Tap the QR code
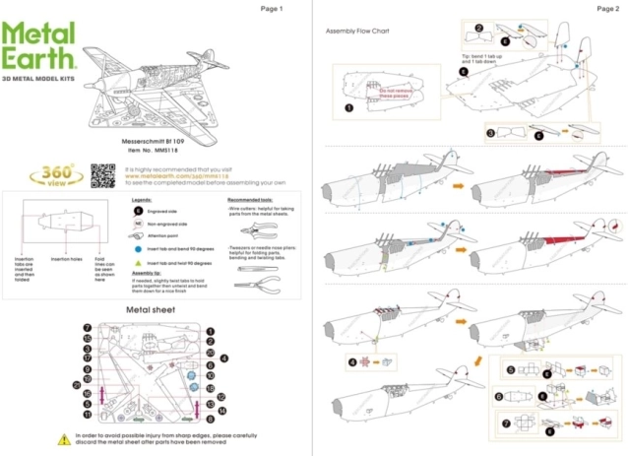102,176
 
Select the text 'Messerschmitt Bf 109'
154,142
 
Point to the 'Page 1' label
271,8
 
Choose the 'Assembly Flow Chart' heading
357,31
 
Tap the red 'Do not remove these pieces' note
394,94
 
